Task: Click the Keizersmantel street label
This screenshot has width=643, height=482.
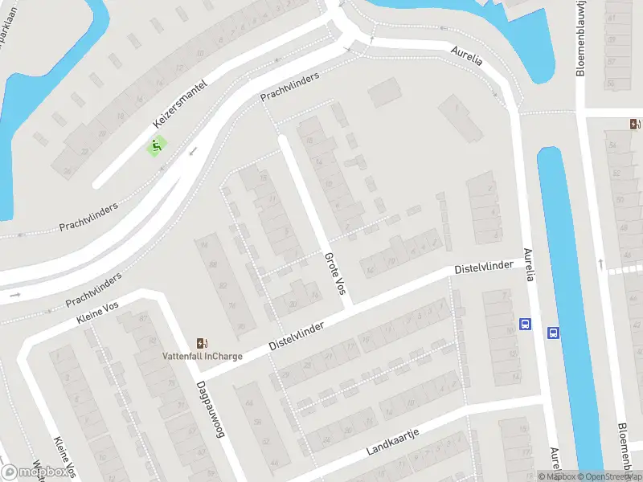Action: click(x=180, y=104)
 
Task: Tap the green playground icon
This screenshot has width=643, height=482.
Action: click(x=156, y=146)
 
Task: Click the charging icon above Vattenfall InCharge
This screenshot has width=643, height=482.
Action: click(x=201, y=343)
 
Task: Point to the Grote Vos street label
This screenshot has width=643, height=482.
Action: click(x=334, y=277)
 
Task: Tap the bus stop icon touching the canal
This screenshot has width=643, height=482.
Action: click(x=553, y=333)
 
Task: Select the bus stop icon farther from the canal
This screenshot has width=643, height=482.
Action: click(x=526, y=325)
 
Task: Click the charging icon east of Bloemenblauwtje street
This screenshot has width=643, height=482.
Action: click(x=636, y=124)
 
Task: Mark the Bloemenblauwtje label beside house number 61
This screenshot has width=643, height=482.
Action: click(x=580, y=39)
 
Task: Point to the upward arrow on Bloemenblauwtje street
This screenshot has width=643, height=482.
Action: click(x=600, y=263)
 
